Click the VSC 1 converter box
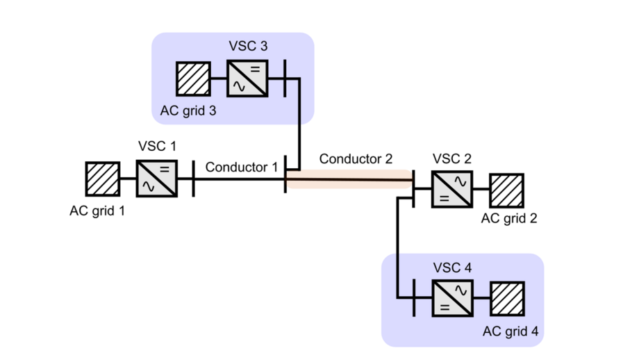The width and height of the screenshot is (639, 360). click(156, 179)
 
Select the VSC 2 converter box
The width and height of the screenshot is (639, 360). click(451, 189)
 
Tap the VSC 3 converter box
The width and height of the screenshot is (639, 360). click(247, 79)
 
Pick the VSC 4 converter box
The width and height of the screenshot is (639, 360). click(451, 298)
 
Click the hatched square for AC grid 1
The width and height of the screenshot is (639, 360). click(103, 179)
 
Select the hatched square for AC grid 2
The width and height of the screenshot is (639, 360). click(507, 189)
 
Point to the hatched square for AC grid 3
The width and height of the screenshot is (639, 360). click(192, 79)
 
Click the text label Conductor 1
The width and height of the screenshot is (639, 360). click(241, 167)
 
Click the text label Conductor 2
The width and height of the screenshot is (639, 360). click(356, 159)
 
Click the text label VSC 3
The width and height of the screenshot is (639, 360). click(247, 47)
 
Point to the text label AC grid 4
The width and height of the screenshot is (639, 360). click(511, 331)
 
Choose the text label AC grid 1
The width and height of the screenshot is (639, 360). click(97, 211)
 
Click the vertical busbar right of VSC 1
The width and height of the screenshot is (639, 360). click(193, 179)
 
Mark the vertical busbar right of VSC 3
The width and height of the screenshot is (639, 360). click(284, 79)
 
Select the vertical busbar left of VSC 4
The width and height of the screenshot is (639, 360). click(414, 298)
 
